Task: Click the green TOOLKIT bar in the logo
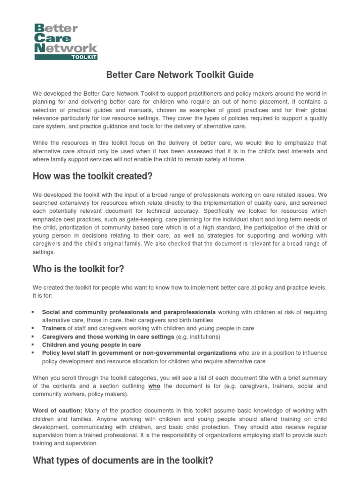pos(66,56)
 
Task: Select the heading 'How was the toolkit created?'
pos(93,176)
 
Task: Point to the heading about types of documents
pos(123,461)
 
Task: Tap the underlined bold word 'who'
pos(154,386)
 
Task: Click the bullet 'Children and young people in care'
pos(91,345)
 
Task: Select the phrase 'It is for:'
pos(44,295)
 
